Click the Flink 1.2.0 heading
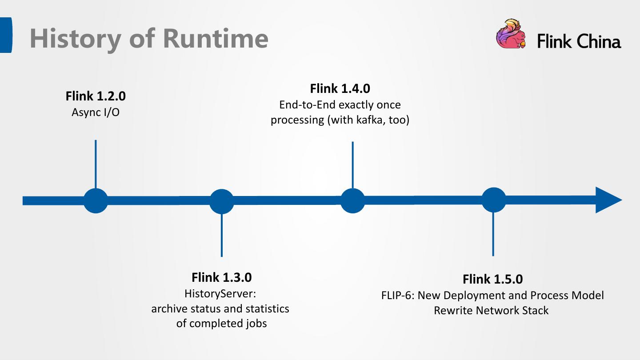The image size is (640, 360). pyautogui.click(x=96, y=96)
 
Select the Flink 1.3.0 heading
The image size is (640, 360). pyautogui.click(x=221, y=277)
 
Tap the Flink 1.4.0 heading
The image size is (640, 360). pyautogui.click(x=340, y=88)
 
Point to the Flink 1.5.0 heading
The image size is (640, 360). pyautogui.click(x=492, y=279)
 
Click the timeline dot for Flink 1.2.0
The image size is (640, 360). pyautogui.click(x=96, y=201)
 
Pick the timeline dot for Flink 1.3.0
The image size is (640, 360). pyautogui.click(x=221, y=201)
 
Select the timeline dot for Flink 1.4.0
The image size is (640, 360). pyautogui.click(x=352, y=201)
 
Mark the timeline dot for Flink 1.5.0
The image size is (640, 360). pyautogui.click(x=493, y=200)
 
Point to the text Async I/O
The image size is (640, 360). pyautogui.click(x=96, y=112)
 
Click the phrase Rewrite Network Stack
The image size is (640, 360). pyautogui.click(x=491, y=310)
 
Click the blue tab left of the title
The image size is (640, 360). pyautogui.click(x=6, y=35)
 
